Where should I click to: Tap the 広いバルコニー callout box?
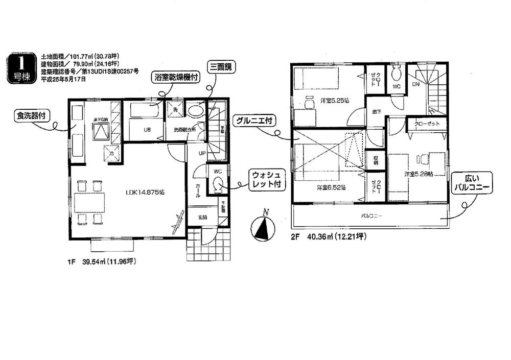471,183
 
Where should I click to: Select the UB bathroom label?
146,130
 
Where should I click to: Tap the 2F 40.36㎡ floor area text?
329,236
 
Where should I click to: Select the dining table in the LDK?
89,203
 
